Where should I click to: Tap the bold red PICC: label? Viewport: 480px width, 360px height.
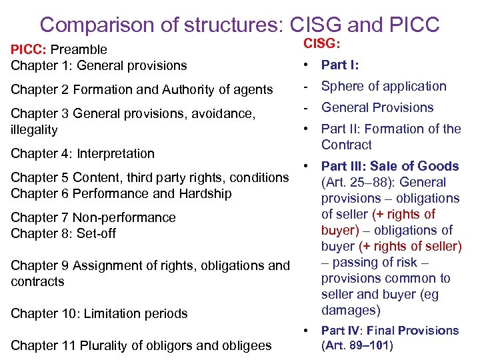coord(29,49)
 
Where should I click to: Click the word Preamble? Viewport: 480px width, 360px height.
coord(79,49)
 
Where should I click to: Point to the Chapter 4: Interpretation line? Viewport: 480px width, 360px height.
coord(83,153)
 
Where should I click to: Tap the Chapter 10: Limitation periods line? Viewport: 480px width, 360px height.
coord(99,313)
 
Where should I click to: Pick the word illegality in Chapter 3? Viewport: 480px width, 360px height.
coord(34,129)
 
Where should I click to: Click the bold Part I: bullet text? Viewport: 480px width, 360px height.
coord(340,65)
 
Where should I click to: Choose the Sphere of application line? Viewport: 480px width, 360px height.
coord(383,86)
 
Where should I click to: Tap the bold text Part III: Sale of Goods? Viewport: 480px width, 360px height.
coord(390,166)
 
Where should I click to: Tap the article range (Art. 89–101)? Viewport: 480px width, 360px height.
coord(357,345)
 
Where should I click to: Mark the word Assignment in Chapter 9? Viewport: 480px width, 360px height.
coord(99,265)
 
